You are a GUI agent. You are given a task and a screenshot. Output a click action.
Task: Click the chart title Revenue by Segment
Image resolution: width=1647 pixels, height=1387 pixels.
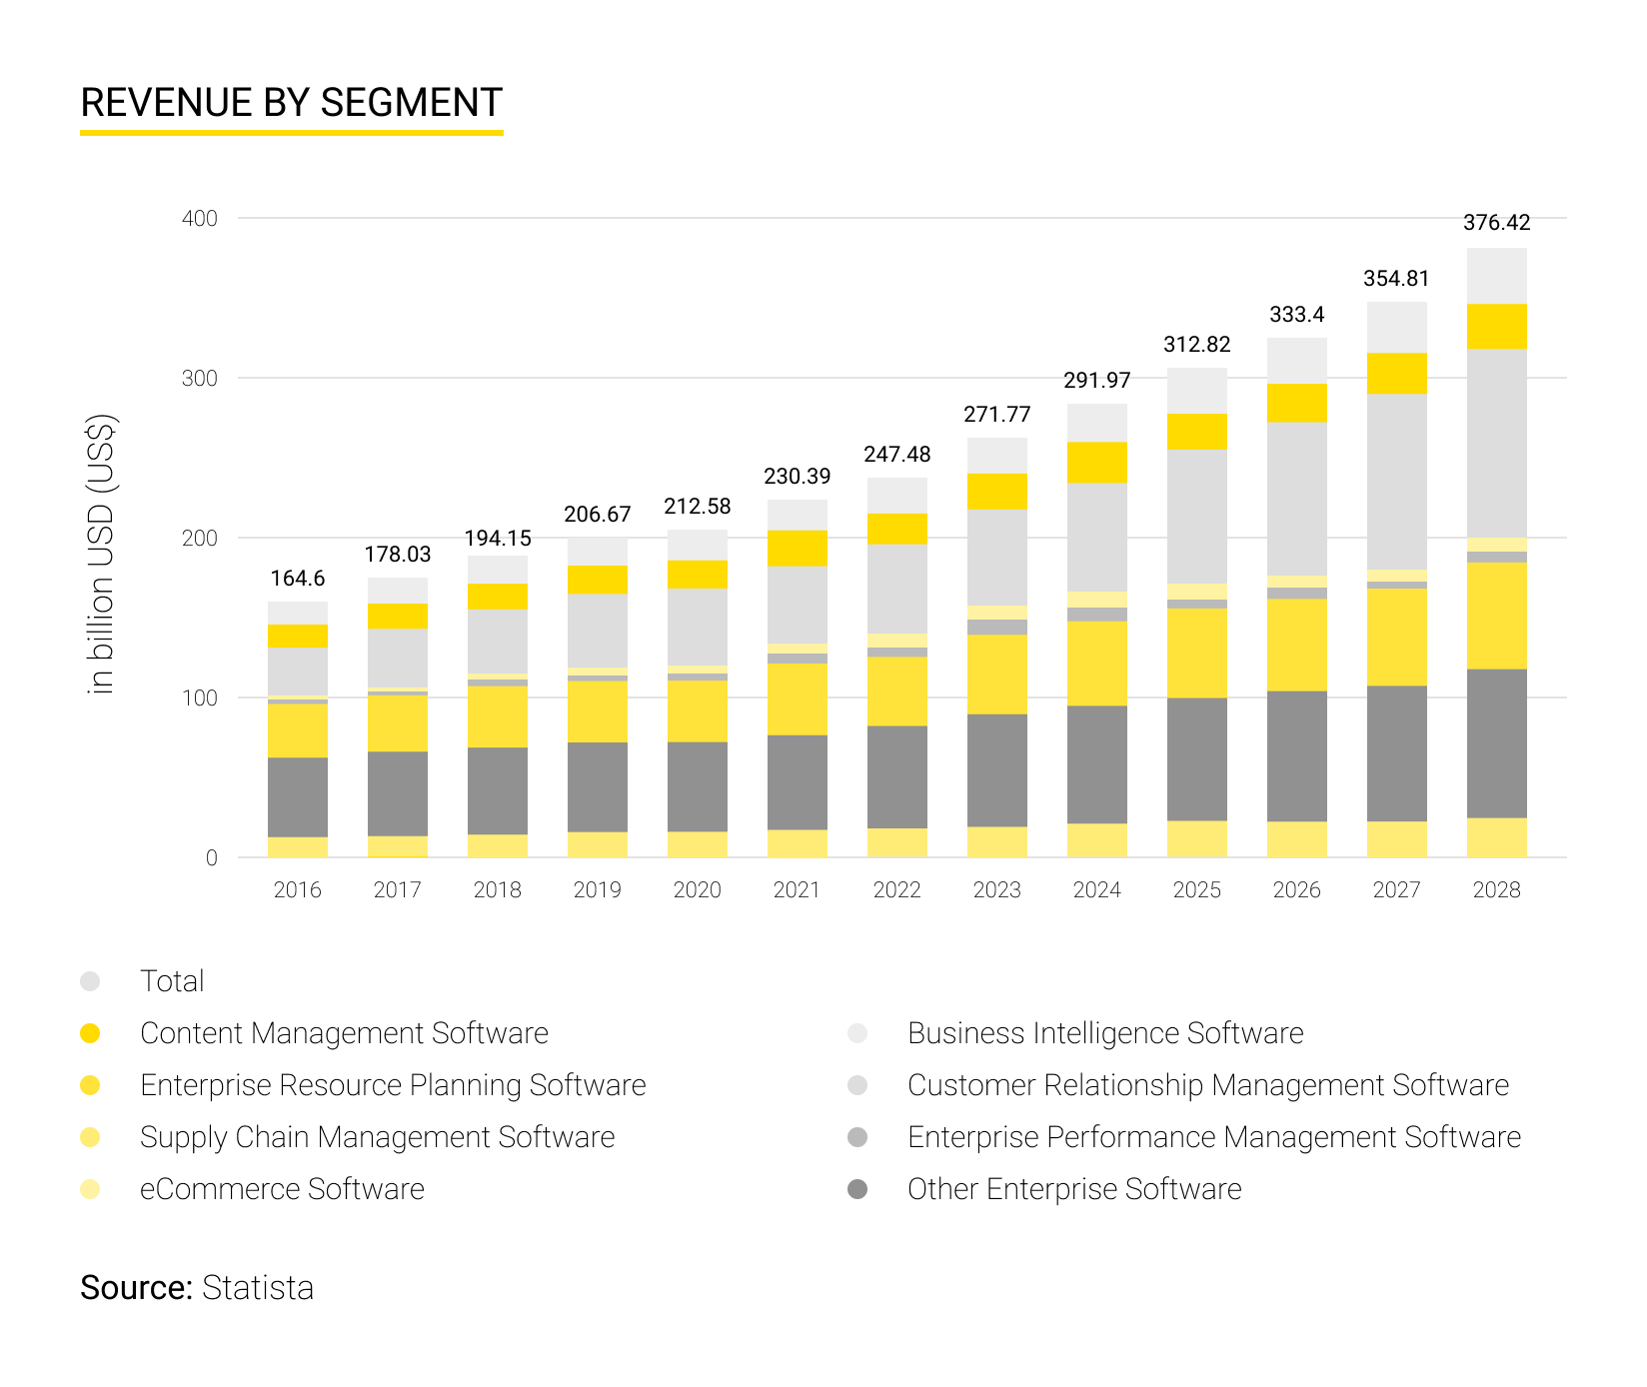click(x=291, y=103)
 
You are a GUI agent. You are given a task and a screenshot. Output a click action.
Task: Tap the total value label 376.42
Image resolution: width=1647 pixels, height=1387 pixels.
click(x=1496, y=223)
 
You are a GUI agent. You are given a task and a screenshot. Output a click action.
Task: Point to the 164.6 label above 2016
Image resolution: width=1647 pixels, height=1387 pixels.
click(x=298, y=579)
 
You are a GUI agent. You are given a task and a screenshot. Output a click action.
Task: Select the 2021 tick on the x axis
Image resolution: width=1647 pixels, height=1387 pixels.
click(x=797, y=889)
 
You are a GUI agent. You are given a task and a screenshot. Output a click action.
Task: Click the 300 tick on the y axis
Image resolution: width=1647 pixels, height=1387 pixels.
click(x=200, y=379)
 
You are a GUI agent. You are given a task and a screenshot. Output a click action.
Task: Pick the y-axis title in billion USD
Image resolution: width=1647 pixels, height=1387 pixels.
click(x=101, y=554)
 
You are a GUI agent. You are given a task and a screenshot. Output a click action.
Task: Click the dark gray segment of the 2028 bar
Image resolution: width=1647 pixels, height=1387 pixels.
click(x=1496, y=743)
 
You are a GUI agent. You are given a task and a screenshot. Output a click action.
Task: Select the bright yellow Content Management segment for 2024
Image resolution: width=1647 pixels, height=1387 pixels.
click(x=1096, y=463)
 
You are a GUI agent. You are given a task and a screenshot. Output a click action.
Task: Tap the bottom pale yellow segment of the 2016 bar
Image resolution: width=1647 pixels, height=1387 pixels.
click(x=298, y=846)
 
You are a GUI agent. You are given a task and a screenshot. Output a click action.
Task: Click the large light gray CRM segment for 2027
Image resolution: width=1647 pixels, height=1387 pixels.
click(x=1396, y=482)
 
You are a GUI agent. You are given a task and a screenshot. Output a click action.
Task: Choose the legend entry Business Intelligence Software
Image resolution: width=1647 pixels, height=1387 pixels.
click(x=1104, y=1033)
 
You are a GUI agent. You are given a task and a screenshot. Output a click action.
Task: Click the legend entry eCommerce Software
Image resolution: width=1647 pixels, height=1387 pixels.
click(x=282, y=1189)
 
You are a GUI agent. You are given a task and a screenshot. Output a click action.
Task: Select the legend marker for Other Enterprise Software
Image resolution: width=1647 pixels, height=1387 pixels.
click(x=857, y=1189)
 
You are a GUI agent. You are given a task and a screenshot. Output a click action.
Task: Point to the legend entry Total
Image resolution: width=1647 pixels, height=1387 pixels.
click(x=172, y=981)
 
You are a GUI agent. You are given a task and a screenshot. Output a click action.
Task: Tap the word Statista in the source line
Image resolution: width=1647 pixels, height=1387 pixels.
click(x=258, y=1288)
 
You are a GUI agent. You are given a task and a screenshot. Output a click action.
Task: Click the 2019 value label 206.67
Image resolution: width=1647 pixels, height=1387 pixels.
click(x=598, y=515)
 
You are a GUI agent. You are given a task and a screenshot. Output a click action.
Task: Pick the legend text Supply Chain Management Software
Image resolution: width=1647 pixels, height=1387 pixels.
click(x=377, y=1137)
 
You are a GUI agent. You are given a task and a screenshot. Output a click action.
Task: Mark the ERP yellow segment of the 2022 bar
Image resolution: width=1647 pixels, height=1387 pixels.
click(x=896, y=692)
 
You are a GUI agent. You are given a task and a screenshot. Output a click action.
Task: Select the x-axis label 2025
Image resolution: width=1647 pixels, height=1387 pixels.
click(x=1196, y=889)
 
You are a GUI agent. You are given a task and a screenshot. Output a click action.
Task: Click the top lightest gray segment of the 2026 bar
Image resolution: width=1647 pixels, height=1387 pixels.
click(x=1296, y=361)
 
